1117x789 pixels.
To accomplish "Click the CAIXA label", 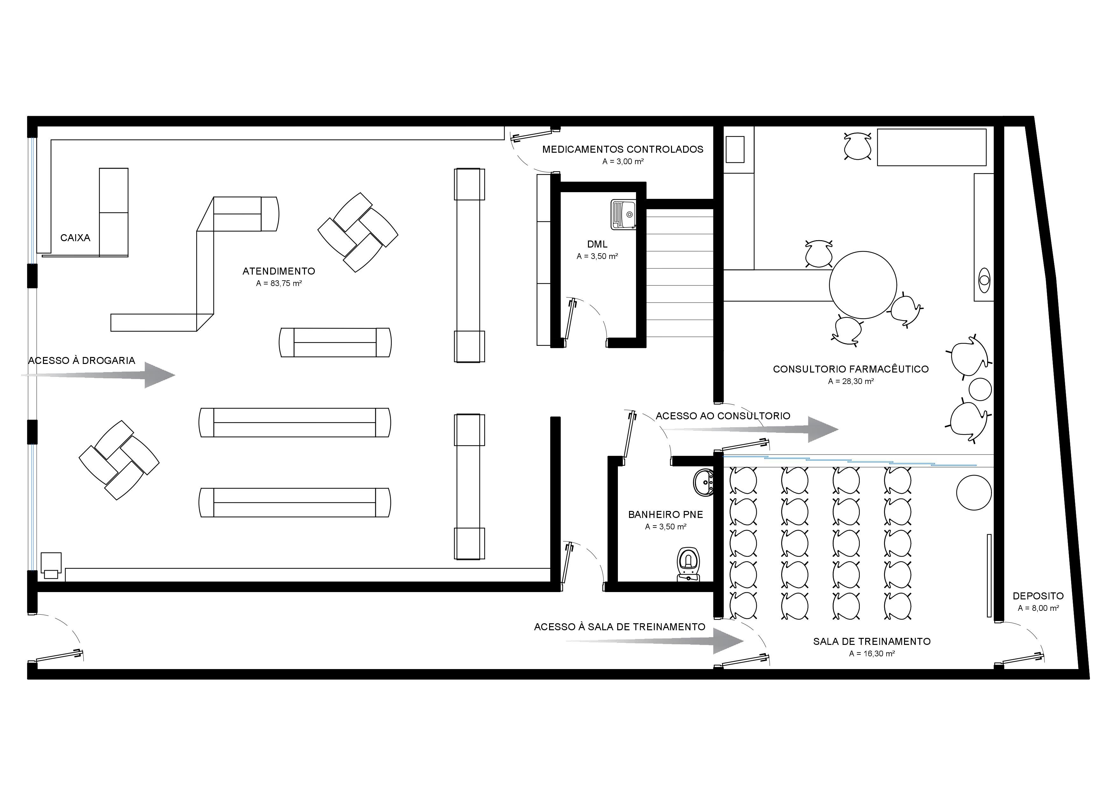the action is click(75, 238).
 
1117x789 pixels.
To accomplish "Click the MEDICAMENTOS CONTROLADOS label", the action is click(623, 149).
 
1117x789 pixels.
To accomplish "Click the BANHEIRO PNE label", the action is click(666, 514).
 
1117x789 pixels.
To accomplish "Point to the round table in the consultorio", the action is click(863, 285).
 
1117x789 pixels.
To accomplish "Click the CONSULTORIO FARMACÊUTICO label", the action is click(851, 369).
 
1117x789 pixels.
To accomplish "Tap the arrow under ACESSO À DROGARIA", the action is click(98, 375).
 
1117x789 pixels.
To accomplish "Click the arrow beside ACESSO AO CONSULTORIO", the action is click(752, 429).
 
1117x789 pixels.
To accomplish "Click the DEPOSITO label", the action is click(1038, 596).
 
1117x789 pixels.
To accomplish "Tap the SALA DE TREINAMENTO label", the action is click(872, 642).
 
